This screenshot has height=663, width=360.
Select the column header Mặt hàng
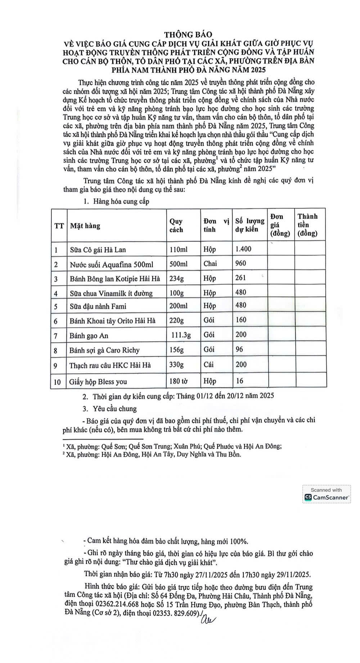tap(85, 226)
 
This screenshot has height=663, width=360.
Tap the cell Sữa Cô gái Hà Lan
tap(98, 249)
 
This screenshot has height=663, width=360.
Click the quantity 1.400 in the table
tap(243, 249)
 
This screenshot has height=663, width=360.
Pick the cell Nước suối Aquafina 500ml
tap(111, 265)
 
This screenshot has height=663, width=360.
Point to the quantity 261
tap(240, 278)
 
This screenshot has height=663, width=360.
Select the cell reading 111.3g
tap(181, 335)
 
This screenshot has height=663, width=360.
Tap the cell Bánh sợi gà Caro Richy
tap(104, 350)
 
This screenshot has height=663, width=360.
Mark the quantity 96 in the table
tap(239, 349)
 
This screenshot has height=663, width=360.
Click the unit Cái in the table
tap(208, 364)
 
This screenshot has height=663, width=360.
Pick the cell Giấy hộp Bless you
tap(98, 382)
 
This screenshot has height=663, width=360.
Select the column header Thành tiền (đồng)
tap(307, 225)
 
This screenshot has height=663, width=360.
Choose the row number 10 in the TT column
tap(57, 382)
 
